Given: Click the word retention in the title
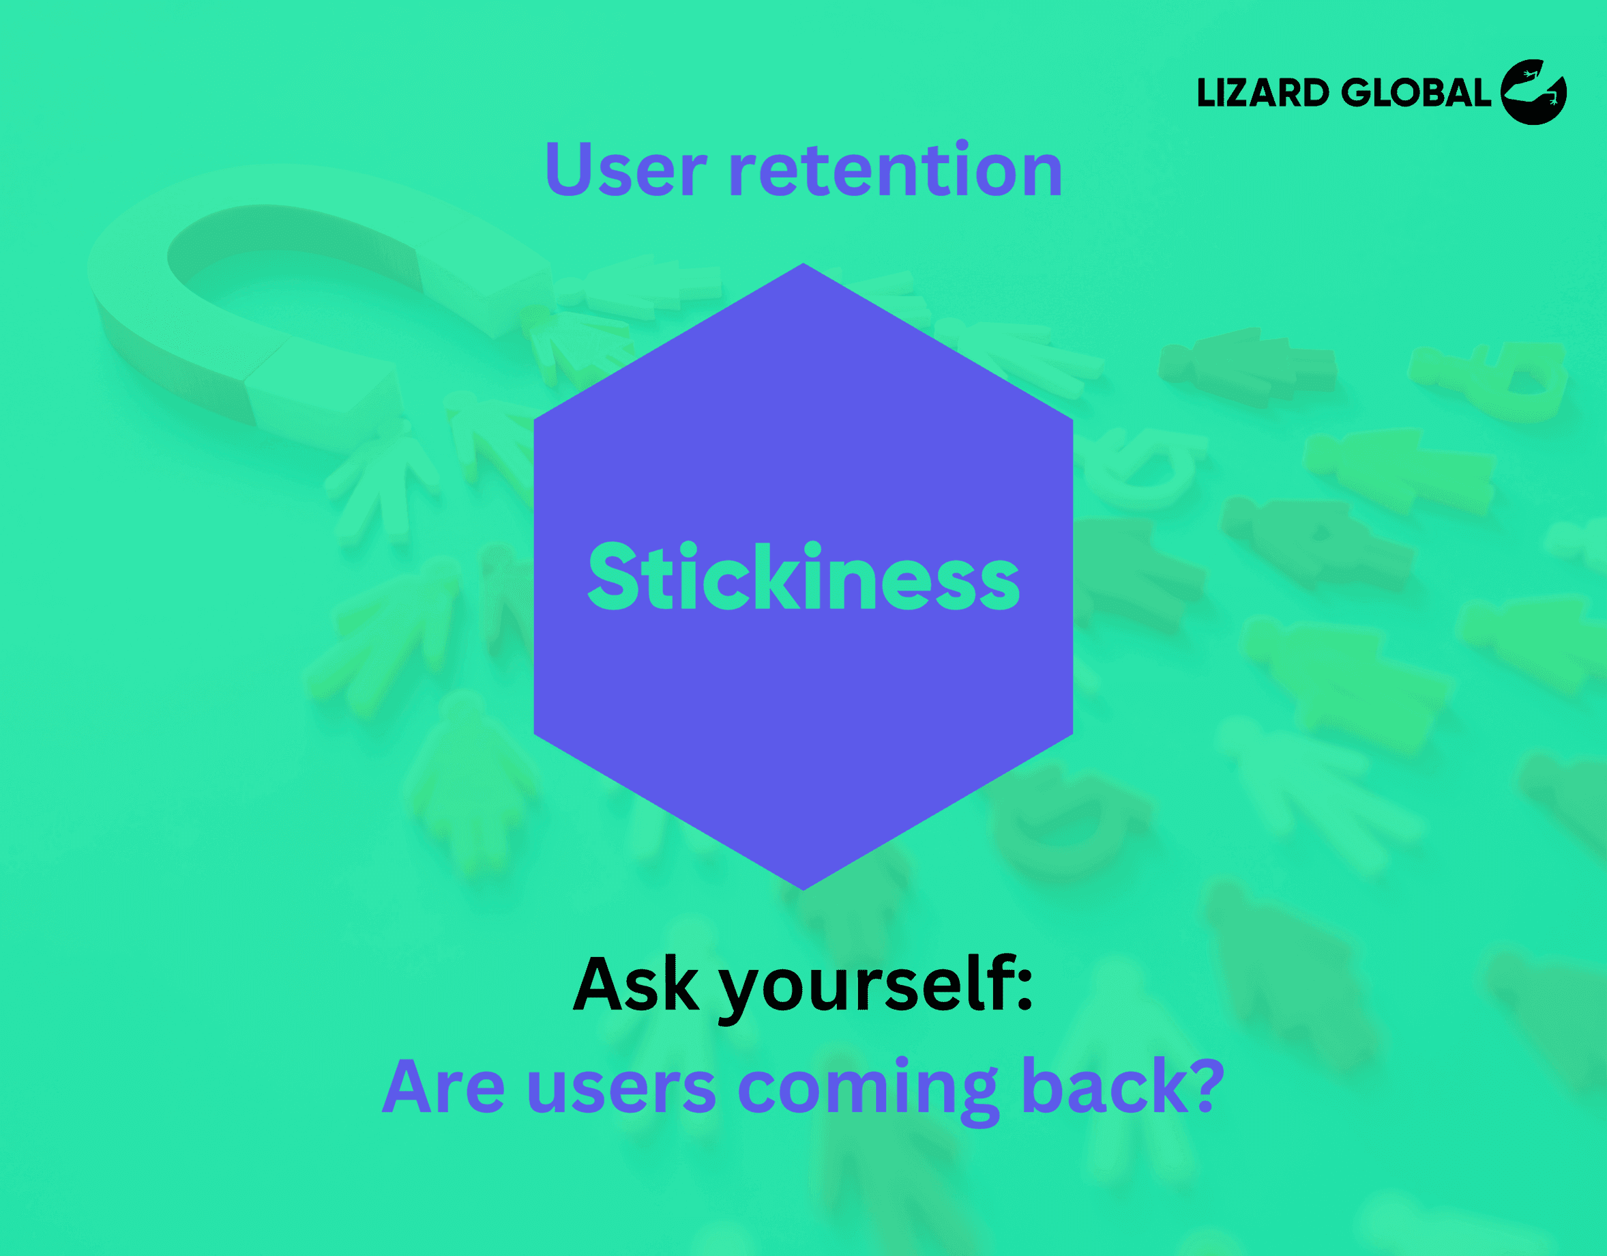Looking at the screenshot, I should pos(895,171).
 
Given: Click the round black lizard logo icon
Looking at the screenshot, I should pos(1533,92).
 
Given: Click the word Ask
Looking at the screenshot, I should pos(636,985).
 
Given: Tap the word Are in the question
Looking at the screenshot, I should pos(443,1087).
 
